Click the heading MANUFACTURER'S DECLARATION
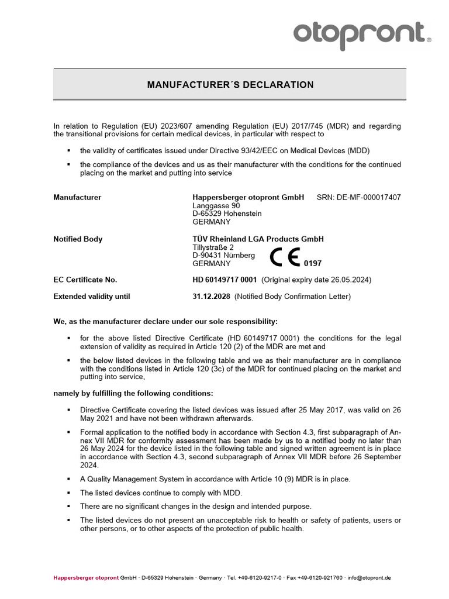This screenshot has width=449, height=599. [230, 85]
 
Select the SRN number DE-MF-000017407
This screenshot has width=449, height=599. [368, 198]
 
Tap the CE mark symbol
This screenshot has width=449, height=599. [285, 257]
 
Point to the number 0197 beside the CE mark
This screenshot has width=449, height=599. [313, 264]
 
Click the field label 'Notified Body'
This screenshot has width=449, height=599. [78, 239]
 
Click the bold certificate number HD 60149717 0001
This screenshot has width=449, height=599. [224, 280]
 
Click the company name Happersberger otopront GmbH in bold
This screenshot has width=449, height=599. [248, 198]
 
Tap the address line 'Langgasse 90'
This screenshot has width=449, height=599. [216, 206]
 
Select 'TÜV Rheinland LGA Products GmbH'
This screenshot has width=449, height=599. [258, 239]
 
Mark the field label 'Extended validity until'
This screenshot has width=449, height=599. [92, 297]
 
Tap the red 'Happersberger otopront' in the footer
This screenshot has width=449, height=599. [86, 577]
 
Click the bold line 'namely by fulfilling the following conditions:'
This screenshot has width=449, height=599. [133, 393]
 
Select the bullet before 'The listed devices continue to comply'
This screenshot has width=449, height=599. [69, 493]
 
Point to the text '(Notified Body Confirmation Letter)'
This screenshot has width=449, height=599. [292, 297]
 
